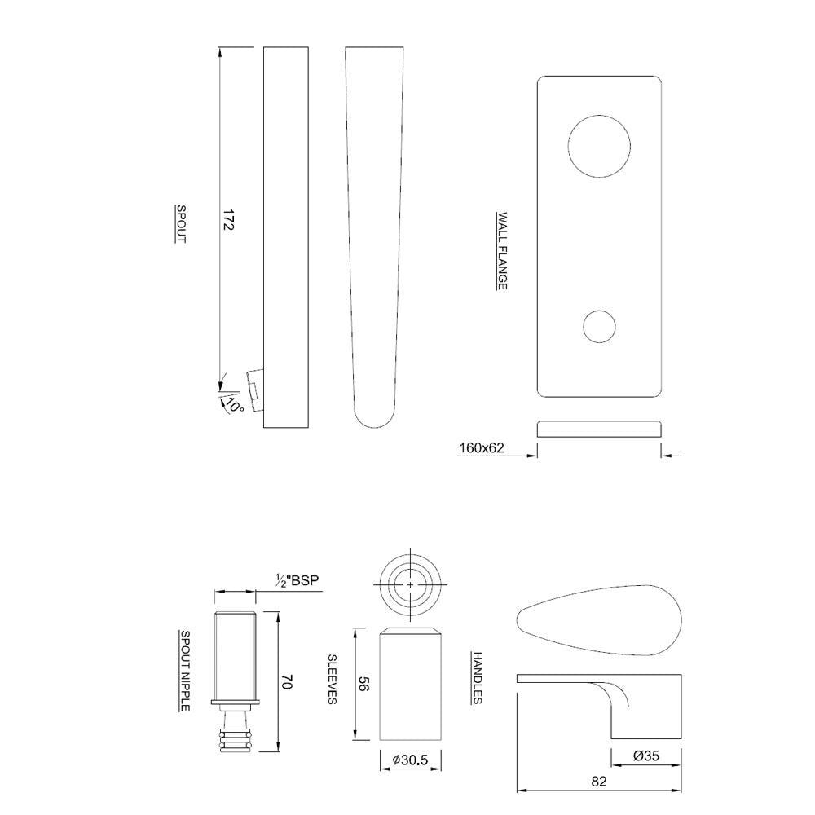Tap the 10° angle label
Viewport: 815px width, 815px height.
234,404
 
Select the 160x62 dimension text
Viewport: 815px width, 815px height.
482,447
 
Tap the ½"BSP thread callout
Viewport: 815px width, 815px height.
297,580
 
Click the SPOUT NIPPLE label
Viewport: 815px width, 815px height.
185,671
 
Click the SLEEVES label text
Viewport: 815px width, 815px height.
333,680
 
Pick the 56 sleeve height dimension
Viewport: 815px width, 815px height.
363,685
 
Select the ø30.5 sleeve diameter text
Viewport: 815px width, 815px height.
411,760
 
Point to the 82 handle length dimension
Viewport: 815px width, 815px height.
598,782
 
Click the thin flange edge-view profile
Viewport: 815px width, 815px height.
599,430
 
